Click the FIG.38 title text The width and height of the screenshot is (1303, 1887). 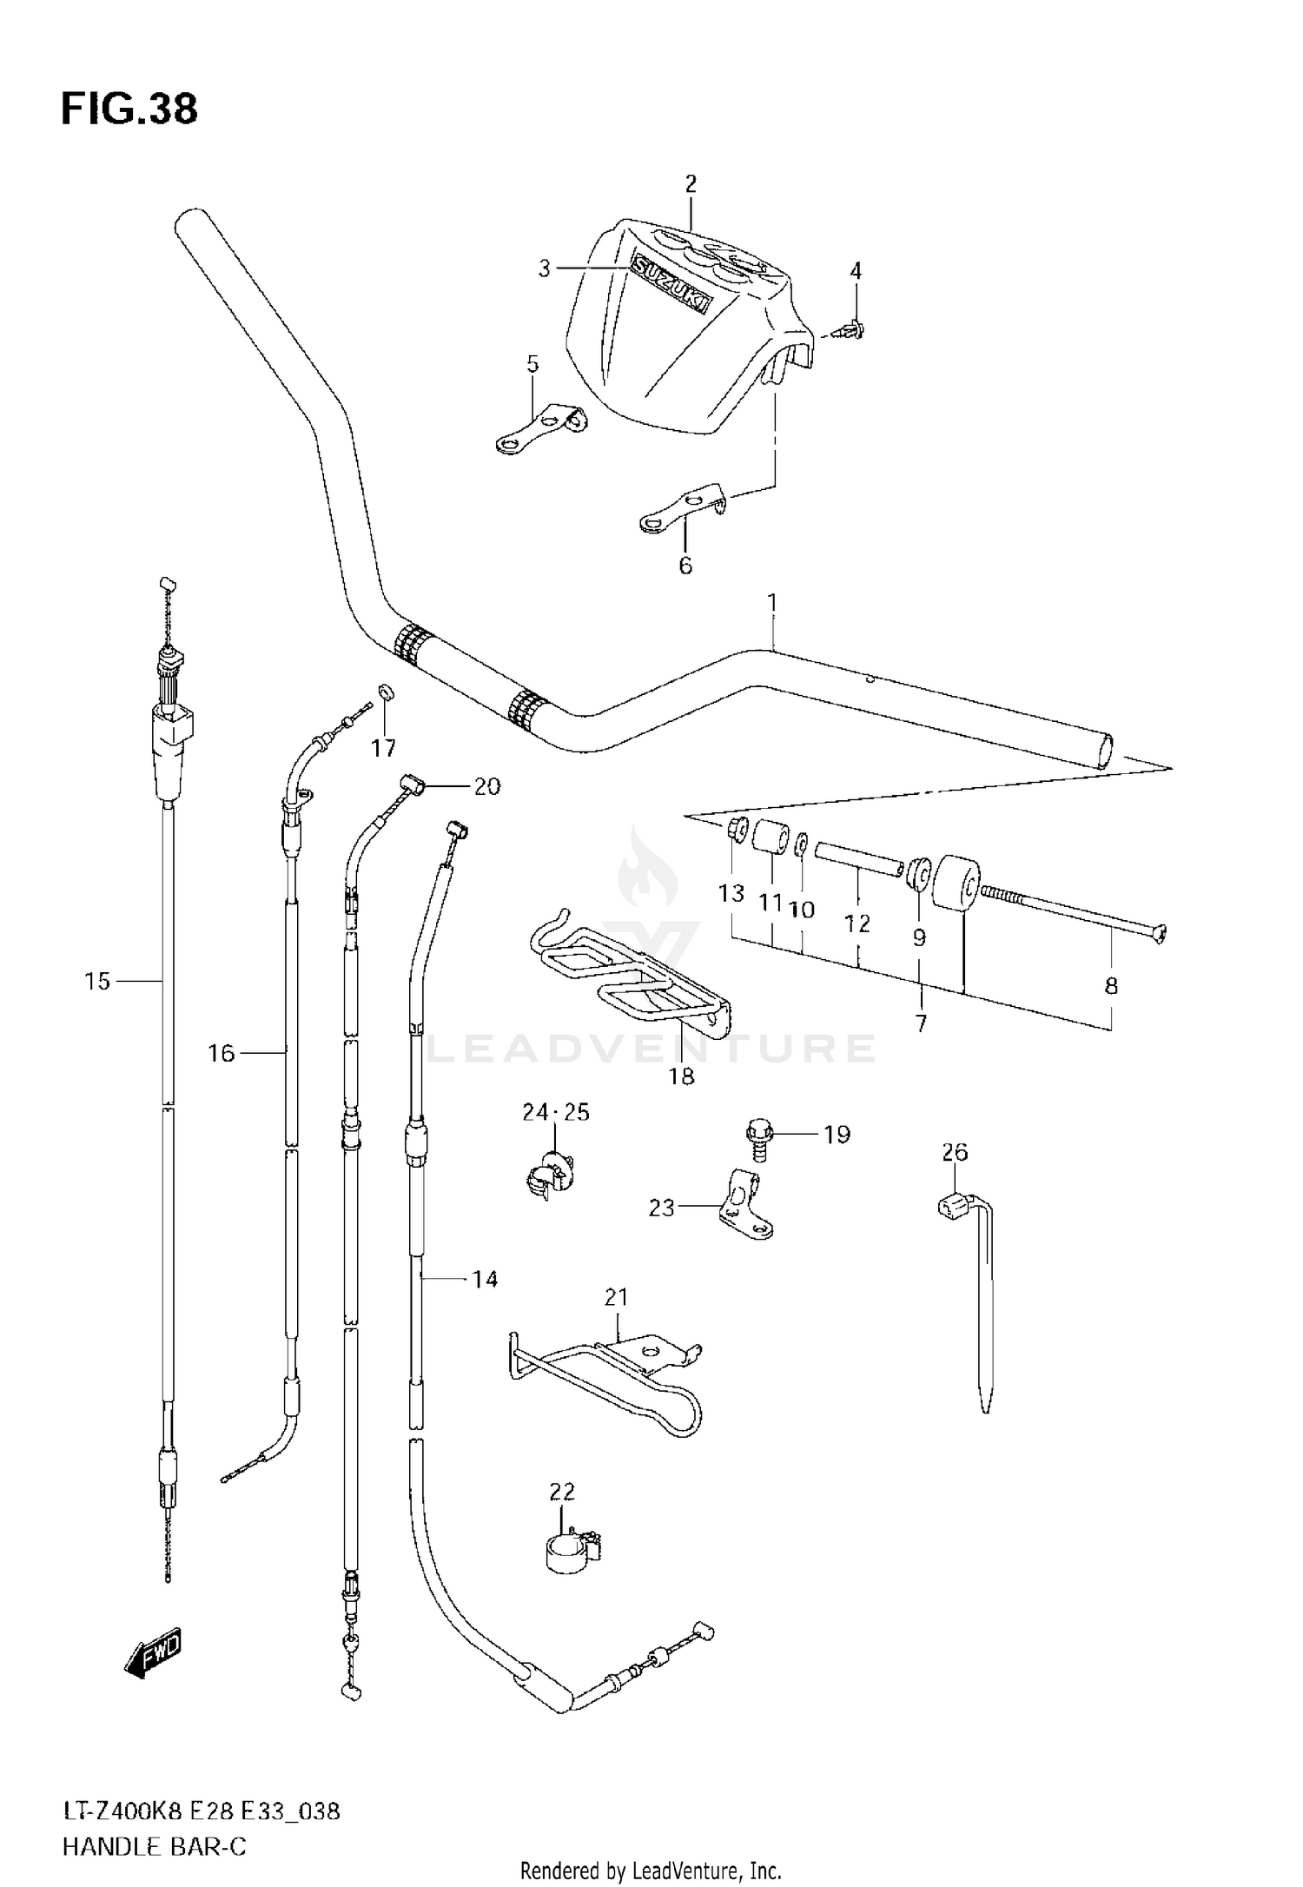(129, 109)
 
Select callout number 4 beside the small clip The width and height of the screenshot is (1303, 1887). (856, 271)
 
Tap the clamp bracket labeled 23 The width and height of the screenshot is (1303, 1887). (744, 1208)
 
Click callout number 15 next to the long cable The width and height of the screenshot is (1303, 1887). (97, 982)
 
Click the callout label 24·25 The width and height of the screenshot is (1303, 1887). (556, 1112)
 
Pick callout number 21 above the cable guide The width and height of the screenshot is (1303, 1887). (616, 1297)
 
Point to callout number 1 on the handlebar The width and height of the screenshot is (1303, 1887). (772, 602)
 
